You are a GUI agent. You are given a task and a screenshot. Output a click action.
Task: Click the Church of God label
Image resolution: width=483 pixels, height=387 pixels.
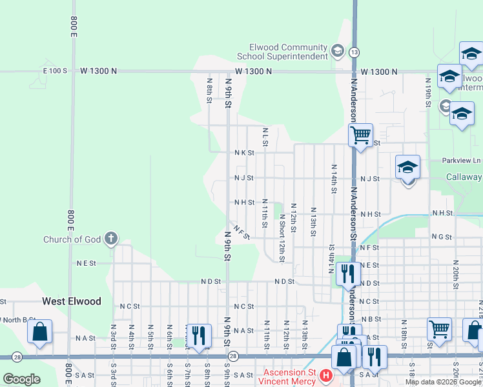pyautogui.click(x=72, y=239)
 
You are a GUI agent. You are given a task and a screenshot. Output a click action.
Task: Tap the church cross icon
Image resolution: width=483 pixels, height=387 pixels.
pyautogui.click(x=110, y=239)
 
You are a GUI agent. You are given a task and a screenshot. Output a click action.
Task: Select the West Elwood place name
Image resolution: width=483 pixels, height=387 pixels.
pyautogui.click(x=72, y=301)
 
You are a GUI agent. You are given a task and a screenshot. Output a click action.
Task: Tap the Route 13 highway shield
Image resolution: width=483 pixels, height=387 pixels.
pyautogui.click(x=355, y=52)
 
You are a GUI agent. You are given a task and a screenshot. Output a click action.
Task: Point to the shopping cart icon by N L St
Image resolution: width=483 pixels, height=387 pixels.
pyautogui.click(x=360, y=135)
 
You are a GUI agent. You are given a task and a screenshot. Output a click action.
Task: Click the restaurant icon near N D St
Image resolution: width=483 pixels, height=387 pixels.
pyautogui.click(x=349, y=273)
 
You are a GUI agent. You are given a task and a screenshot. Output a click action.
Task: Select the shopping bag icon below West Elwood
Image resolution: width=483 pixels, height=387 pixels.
pyautogui.click(x=40, y=332)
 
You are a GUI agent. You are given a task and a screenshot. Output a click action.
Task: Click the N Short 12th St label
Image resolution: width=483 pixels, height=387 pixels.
pyautogui.click(x=282, y=239)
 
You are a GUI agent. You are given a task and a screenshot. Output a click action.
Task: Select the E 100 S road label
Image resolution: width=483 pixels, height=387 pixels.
pyautogui.click(x=55, y=70)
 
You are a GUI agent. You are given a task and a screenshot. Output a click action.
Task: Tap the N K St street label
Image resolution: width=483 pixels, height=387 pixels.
pyautogui.click(x=244, y=153)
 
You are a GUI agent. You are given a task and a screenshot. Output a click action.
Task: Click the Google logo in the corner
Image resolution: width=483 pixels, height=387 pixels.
pyautogui.click(x=22, y=379)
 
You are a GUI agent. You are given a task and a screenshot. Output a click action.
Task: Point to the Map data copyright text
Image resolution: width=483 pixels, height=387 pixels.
pyautogui.click(x=443, y=382)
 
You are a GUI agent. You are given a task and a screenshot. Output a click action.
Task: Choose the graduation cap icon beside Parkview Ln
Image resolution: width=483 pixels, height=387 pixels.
pyautogui.click(x=407, y=167)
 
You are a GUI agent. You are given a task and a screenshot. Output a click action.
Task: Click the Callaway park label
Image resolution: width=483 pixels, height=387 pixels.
pyautogui.click(x=464, y=177)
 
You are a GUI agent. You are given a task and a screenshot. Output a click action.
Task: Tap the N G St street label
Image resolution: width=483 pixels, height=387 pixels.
pyautogui.click(x=442, y=237)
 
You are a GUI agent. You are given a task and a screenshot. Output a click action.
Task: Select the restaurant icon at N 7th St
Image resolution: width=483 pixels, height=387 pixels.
pyautogui.click(x=198, y=335)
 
